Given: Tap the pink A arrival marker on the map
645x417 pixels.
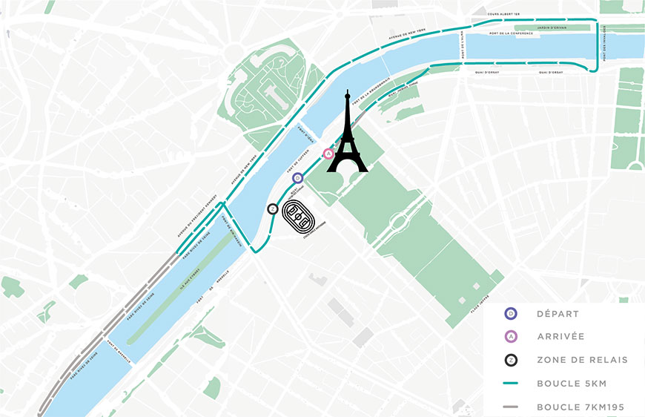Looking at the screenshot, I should coord(327,154).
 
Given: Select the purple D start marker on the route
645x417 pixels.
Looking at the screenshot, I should coord(297,178).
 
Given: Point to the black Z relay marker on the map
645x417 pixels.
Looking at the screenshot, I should coord(272,209).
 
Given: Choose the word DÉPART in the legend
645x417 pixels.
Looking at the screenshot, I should coord(558,314).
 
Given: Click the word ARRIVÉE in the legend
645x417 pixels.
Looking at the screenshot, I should coord(560,336).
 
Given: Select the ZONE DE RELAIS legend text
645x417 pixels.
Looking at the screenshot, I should coord(582,360).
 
